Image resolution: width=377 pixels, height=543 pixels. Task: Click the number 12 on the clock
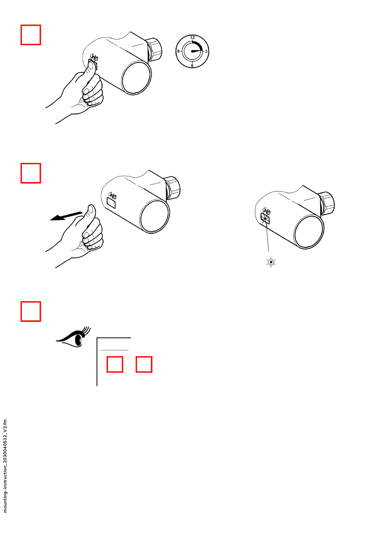(x=192, y=37)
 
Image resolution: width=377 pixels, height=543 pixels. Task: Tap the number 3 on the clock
(x=206, y=52)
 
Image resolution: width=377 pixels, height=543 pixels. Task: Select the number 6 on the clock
(x=192, y=65)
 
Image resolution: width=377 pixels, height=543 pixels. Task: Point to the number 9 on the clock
(x=178, y=52)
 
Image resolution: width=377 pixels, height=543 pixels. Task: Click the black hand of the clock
(x=197, y=51)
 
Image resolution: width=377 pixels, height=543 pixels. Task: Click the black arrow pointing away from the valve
(x=66, y=216)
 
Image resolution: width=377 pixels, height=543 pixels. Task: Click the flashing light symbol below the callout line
(x=271, y=262)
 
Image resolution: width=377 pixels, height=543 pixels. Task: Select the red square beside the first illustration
(x=31, y=35)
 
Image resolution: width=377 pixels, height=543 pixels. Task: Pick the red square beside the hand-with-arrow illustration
(x=31, y=173)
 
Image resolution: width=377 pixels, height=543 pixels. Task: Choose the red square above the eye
(x=31, y=312)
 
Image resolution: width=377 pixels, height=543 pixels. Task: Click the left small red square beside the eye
(x=115, y=364)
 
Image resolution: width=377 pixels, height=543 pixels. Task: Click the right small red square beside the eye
(x=144, y=364)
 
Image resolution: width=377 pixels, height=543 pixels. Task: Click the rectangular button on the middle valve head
(x=111, y=203)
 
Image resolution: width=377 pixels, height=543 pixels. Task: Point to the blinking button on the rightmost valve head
(x=265, y=218)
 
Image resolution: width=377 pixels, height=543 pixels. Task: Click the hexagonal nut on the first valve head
(x=155, y=50)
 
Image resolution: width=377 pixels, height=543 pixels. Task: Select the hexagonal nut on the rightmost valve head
(x=327, y=203)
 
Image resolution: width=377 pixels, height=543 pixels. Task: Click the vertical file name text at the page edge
(x=5, y=466)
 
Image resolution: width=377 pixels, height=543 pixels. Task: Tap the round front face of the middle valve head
(x=155, y=217)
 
